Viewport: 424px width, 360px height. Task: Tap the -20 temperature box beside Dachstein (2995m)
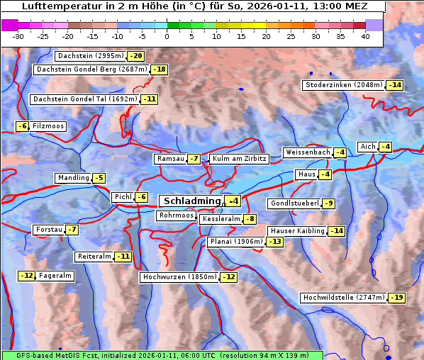(x=136, y=56)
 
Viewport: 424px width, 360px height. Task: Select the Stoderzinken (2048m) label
(x=343, y=85)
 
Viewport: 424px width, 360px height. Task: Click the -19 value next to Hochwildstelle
(x=396, y=298)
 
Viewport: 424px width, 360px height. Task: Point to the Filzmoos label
(x=48, y=126)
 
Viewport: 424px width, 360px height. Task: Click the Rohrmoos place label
(x=176, y=215)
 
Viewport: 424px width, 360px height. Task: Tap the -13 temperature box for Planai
(x=274, y=242)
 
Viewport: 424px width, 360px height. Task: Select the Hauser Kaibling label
(x=297, y=231)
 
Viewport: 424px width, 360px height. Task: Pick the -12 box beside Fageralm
(x=27, y=276)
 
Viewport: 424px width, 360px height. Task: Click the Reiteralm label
(x=94, y=257)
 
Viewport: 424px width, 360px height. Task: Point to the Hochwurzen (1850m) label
(x=179, y=277)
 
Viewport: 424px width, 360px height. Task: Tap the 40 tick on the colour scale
(x=365, y=36)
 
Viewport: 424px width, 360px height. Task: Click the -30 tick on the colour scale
(x=18, y=36)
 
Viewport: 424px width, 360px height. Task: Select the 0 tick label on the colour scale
(x=167, y=36)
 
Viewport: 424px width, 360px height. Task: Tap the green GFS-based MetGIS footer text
(x=162, y=355)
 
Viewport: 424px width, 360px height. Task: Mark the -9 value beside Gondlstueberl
(x=328, y=203)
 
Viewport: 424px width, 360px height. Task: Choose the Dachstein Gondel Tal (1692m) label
(x=85, y=99)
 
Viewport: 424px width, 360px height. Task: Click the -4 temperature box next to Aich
(x=385, y=147)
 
